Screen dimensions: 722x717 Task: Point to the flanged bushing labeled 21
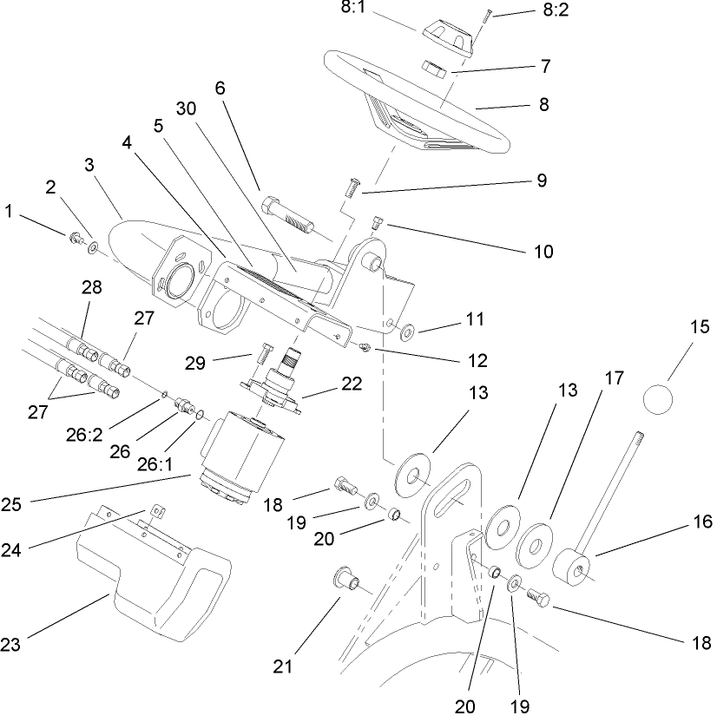tap(348, 579)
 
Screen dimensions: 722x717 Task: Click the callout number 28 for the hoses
tap(91, 287)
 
